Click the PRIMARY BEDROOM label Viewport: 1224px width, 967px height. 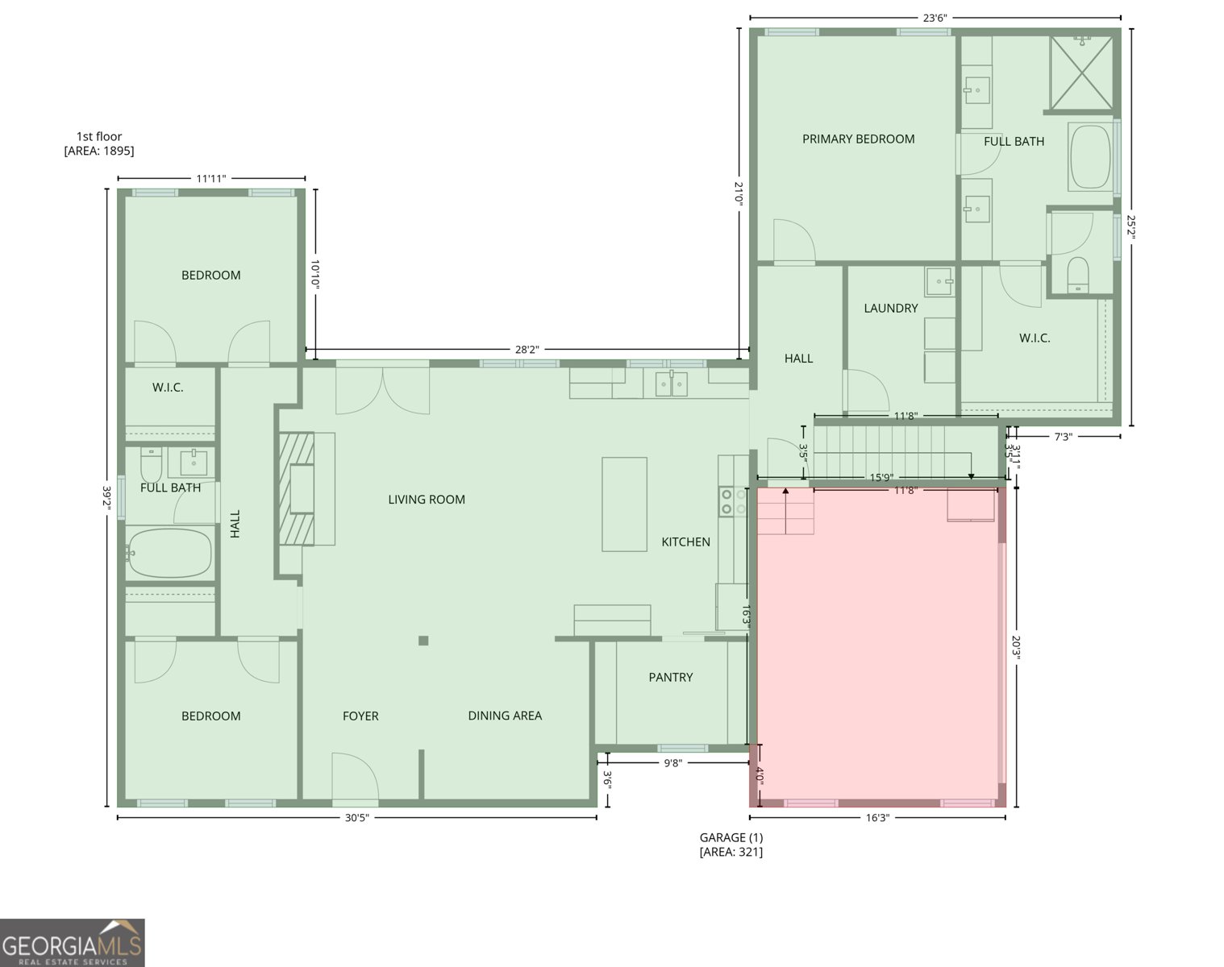pos(858,139)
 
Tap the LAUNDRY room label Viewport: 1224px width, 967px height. pos(891,308)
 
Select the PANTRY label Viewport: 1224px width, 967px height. pos(671,677)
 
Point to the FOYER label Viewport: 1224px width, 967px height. pos(360,716)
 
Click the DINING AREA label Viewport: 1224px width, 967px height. pos(505,716)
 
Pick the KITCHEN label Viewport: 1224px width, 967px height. pos(686,542)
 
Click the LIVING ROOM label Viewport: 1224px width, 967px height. pos(427,500)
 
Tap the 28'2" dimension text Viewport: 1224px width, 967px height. pos(527,350)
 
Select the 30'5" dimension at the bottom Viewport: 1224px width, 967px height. pos(356,818)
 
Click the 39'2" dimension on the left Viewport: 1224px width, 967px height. pos(107,497)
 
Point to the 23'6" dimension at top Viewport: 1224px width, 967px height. pos(935,19)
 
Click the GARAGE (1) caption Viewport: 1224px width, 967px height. pos(731,837)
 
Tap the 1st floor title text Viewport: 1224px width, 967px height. pos(99,136)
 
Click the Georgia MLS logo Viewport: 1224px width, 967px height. pos(73,943)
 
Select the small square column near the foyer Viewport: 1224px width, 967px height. pos(423,641)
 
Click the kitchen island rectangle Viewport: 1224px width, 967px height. pos(625,504)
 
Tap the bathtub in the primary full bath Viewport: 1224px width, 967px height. pos(1090,156)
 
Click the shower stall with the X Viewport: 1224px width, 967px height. pos(1081,73)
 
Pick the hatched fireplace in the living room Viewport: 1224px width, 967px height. pos(297,489)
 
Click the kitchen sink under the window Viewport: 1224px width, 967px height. pos(671,384)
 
